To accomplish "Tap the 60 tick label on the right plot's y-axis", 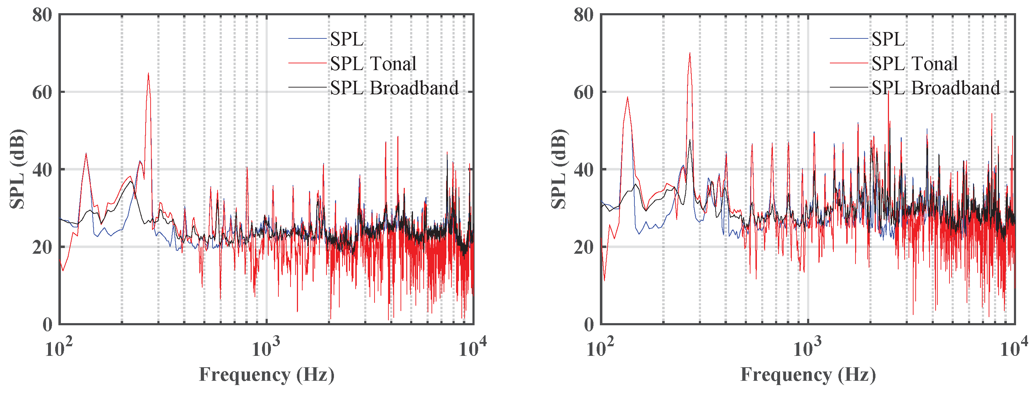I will [x=584, y=93].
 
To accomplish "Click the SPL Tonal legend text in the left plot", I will [x=373, y=63].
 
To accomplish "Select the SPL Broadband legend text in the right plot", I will [x=936, y=88].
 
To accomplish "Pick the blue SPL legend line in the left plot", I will [x=307, y=38].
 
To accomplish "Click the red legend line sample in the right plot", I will [x=848, y=63].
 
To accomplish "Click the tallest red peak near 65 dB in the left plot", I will [x=148, y=74].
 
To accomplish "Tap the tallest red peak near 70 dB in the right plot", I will [x=690, y=54].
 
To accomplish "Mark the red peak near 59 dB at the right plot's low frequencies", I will [x=627, y=98].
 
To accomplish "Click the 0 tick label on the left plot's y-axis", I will [x=47, y=325].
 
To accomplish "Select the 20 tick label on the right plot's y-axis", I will [x=584, y=247].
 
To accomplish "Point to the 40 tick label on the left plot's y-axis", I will [x=42, y=170].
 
